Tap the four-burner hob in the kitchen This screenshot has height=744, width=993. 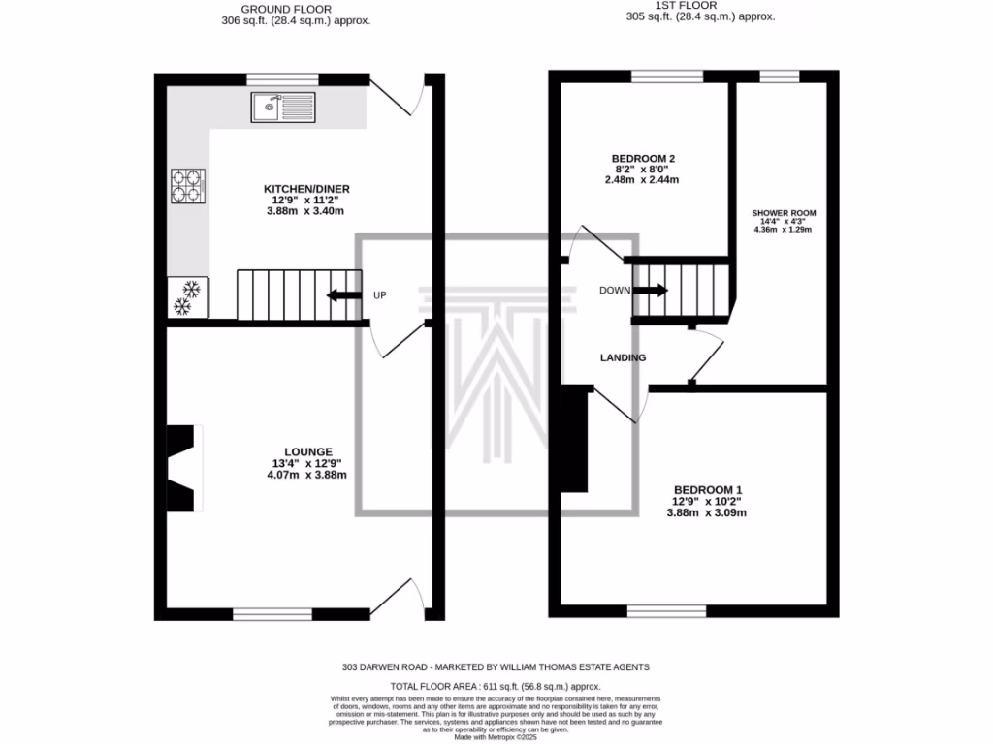pos(189,186)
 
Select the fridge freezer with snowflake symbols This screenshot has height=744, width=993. pos(186,297)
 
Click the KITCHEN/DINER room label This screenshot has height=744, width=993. pos(306,189)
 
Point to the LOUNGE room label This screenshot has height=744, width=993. pos(308,451)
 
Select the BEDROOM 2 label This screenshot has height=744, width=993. pos(643,159)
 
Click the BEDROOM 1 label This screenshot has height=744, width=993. pos(706,490)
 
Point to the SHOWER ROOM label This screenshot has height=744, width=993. pos(785,213)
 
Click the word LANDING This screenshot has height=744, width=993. pos(623,357)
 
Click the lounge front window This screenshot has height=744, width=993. pos(272,613)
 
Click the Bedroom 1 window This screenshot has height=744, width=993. pos(666,611)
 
